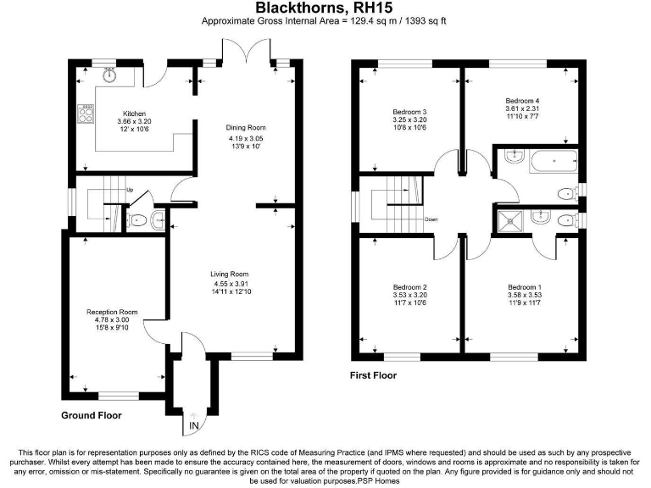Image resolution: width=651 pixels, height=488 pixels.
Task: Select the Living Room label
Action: [230, 274]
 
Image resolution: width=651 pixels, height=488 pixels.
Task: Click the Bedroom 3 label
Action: [409, 113]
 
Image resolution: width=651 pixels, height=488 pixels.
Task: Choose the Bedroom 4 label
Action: [522, 101]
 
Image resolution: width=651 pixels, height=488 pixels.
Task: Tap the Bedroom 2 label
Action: [409, 287]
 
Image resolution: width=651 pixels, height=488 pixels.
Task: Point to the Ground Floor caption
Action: [91, 415]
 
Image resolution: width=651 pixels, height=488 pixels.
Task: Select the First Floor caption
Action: [373, 374]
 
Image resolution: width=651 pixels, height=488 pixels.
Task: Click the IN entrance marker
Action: [194, 424]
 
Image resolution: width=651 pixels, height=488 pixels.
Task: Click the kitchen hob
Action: [86, 114]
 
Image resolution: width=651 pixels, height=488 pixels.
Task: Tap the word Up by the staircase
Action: [129, 189]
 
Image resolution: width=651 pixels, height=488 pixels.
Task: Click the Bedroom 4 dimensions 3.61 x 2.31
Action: [522, 108]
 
